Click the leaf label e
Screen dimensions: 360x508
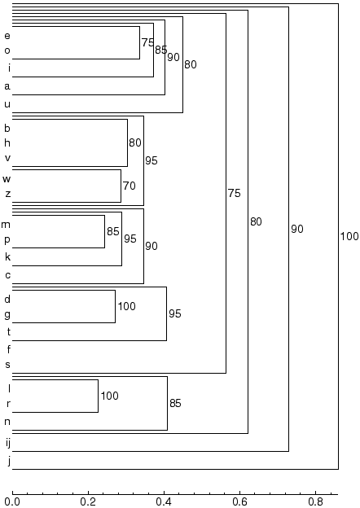[x=7, y=36]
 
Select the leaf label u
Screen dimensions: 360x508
[x=7, y=104]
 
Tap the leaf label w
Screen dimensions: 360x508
[x=7, y=179]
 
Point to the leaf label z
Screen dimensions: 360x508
[x=8, y=194]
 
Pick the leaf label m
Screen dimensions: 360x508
[x=6, y=225]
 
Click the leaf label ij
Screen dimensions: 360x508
[x=8, y=443]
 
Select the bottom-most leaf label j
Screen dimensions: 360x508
[x=10, y=462]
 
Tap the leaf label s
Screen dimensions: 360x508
[x=8, y=365]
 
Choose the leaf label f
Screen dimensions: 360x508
[x=9, y=349]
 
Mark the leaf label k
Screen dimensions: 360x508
[x=8, y=257]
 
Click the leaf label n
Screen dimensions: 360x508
[x=7, y=422]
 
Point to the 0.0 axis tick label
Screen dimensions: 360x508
[x=13, y=501]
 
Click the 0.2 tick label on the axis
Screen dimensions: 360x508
[x=88, y=501]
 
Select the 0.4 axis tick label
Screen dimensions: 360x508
[x=164, y=501]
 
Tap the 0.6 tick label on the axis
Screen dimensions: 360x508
[x=239, y=501]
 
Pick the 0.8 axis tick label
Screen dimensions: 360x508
[x=315, y=501]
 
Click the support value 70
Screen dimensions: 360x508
[x=130, y=186]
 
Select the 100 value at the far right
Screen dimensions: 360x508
[x=349, y=236]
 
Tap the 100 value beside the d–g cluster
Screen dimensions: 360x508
[x=127, y=306]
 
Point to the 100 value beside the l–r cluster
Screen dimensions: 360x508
[x=109, y=396]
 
